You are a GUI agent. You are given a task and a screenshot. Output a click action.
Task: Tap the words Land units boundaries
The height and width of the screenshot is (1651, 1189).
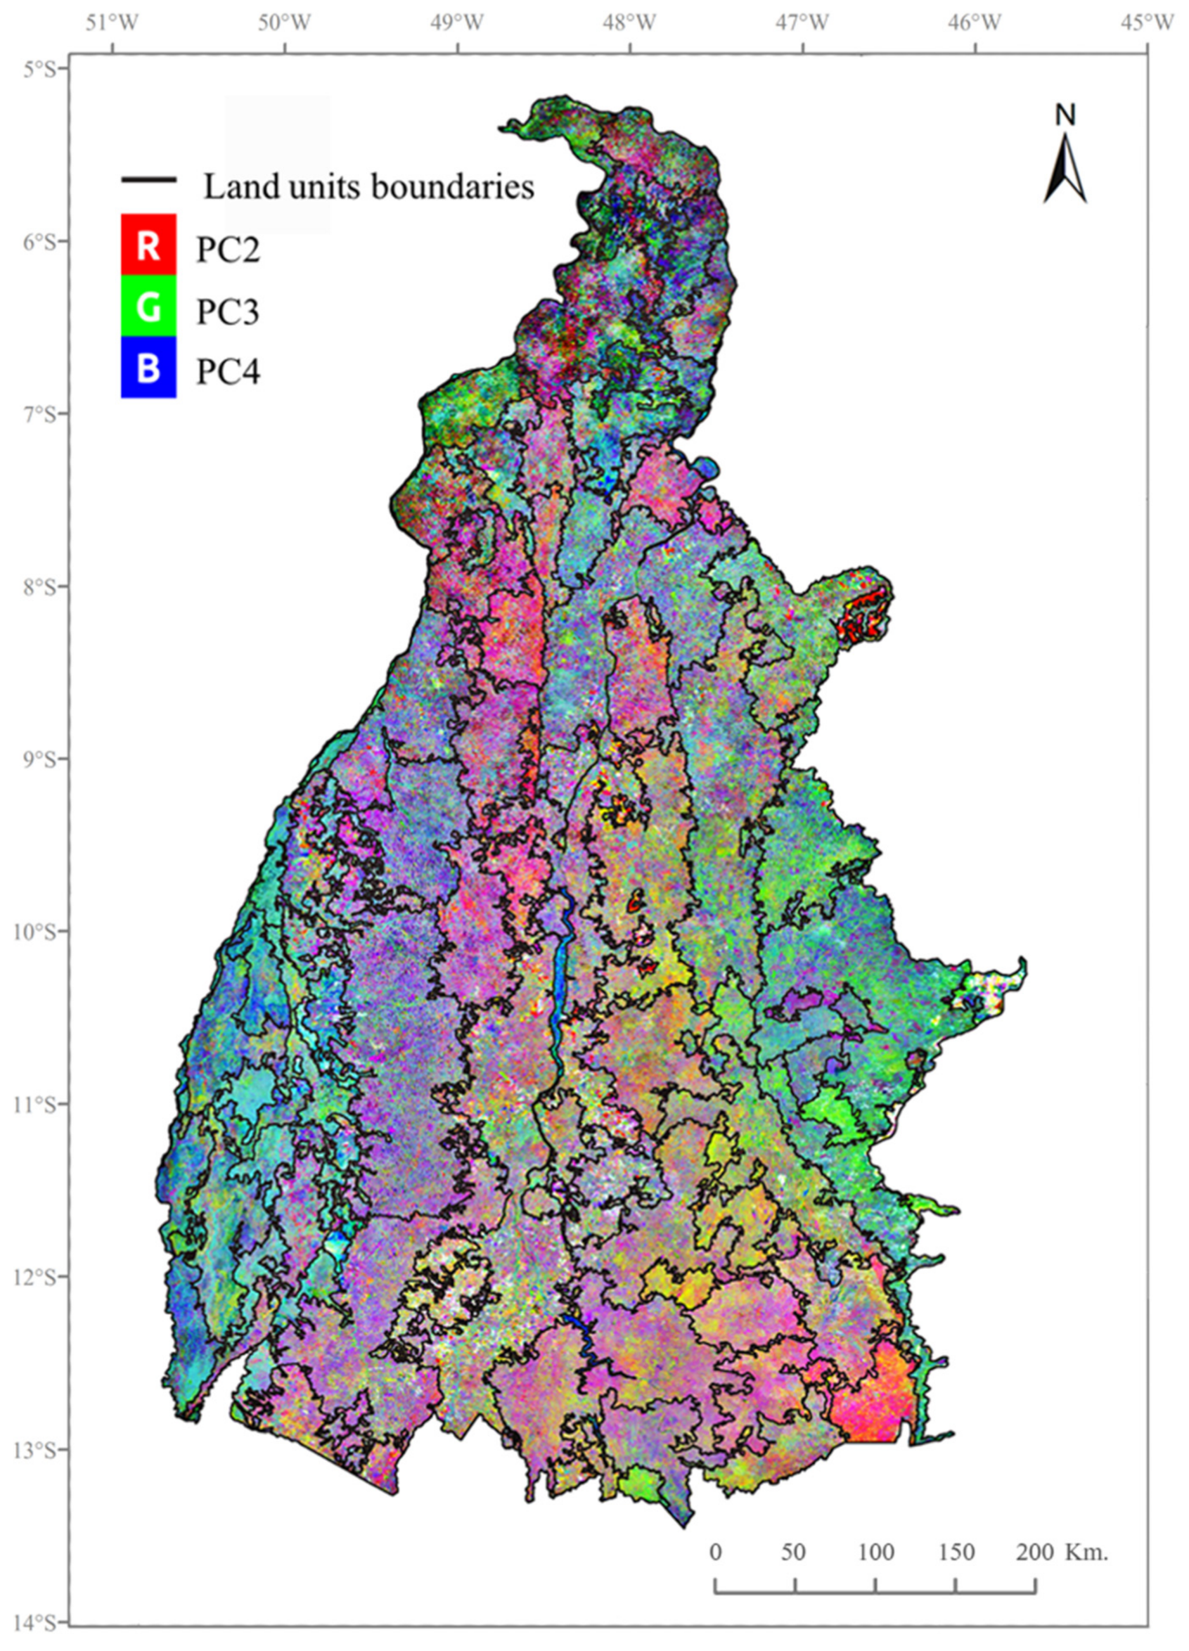[368, 187]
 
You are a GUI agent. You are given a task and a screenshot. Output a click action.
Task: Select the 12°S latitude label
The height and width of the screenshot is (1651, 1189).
[44, 1277]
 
